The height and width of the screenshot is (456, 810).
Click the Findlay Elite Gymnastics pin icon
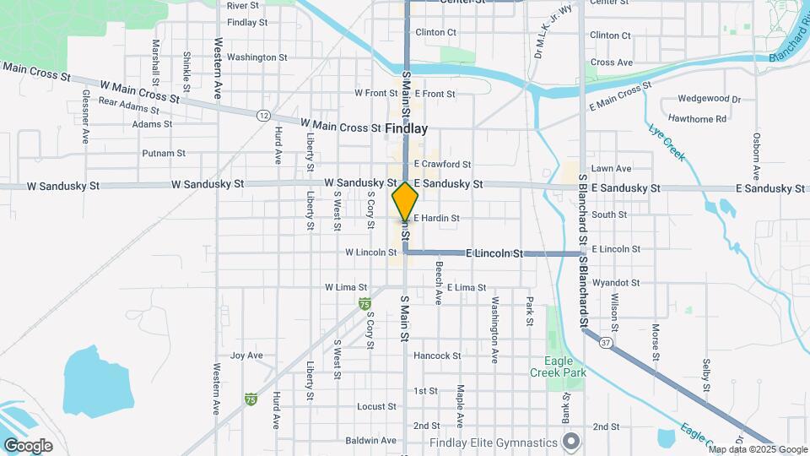(571, 442)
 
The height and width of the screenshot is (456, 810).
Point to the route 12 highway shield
(264, 114)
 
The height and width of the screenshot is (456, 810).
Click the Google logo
(27, 446)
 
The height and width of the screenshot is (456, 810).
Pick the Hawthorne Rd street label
(696, 119)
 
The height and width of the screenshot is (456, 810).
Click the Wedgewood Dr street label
(703, 99)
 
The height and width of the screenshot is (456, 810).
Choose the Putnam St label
(164, 153)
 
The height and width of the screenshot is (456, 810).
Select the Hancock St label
(437, 356)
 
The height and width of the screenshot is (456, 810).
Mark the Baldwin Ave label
(370, 440)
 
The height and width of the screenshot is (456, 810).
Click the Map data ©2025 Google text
(755, 449)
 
